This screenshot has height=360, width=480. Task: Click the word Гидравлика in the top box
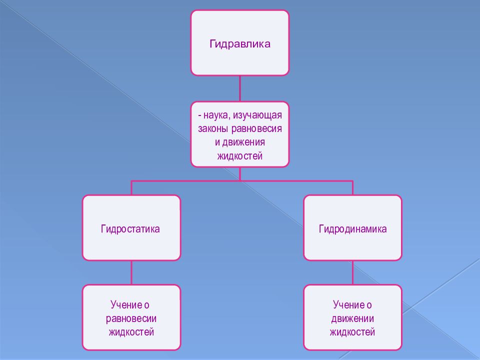240,44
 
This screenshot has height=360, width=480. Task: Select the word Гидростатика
130,229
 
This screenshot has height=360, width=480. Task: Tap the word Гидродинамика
352,229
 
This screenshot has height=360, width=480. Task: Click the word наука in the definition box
216,115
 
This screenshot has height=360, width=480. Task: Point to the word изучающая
257,115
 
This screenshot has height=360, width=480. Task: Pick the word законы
213,128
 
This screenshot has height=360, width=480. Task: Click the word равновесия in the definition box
256,129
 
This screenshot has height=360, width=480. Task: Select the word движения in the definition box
243,142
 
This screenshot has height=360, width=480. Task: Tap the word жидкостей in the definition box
240,156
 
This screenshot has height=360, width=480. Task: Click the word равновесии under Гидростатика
131,319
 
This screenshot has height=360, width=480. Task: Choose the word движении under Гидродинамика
352,318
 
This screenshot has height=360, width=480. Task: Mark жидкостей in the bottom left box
131,332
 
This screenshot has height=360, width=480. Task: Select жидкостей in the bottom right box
352,332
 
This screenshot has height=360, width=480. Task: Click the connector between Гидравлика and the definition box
240,88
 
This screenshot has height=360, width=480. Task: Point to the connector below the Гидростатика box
131,273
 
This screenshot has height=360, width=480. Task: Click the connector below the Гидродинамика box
352,273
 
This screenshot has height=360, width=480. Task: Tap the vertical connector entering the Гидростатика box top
131,188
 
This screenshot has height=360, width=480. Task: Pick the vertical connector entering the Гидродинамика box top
352,188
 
